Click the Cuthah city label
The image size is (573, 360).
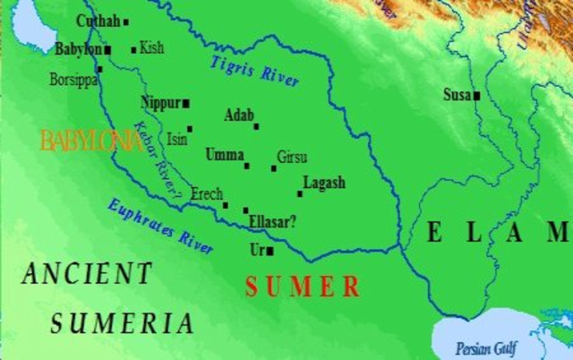click(98, 21)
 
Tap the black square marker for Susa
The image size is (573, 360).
click(477, 95)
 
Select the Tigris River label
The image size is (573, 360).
click(255, 72)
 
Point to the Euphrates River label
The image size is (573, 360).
click(160, 226)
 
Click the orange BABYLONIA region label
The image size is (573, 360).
click(90, 140)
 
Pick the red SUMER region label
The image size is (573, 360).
click(303, 287)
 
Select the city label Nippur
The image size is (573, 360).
click(161, 102)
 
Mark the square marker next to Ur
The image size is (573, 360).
click(269, 252)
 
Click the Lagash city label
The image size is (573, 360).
click(324, 183)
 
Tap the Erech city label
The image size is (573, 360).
click(207, 193)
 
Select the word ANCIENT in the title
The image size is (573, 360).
click(87, 273)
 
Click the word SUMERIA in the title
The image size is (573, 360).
click(122, 323)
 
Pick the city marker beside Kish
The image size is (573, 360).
click(134, 49)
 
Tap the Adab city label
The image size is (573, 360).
click(239, 115)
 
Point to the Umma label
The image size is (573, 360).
click(224, 154)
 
